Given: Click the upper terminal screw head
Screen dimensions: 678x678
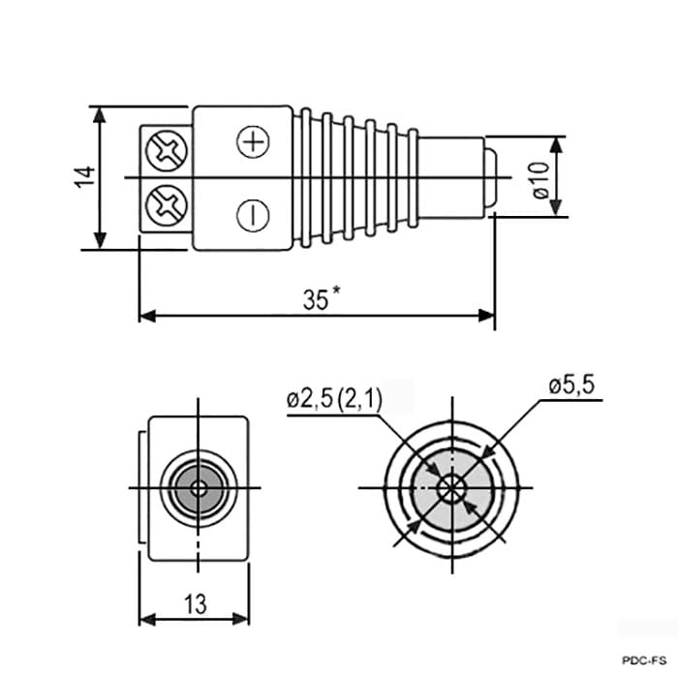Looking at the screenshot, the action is (x=167, y=151).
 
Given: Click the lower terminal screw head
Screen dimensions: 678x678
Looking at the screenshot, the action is (x=167, y=205).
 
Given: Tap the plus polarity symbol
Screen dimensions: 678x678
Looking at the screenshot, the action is (x=254, y=141).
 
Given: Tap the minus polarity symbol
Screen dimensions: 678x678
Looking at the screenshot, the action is (x=254, y=215).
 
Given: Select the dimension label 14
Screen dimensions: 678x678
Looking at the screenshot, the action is (x=85, y=176).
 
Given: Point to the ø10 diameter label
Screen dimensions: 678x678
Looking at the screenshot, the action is (x=540, y=180).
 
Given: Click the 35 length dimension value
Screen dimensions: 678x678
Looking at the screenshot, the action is (x=316, y=299).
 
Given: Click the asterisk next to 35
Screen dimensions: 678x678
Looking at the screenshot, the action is (x=335, y=291).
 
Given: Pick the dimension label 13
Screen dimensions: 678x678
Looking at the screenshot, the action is (x=196, y=604).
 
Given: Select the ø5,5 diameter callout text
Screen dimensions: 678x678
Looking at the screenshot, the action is (x=571, y=385).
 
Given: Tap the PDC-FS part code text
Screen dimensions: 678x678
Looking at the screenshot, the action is (x=645, y=661).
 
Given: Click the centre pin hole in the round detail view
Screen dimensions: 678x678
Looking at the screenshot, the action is (x=451, y=488).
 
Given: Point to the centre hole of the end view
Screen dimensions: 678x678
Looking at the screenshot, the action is (x=199, y=489).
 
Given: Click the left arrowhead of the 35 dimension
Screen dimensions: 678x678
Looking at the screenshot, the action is (x=147, y=316).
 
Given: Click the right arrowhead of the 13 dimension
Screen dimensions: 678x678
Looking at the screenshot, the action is (x=241, y=619).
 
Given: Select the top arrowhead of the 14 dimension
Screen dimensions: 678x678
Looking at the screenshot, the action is (x=100, y=116).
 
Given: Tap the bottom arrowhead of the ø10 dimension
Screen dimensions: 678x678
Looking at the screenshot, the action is (x=557, y=207).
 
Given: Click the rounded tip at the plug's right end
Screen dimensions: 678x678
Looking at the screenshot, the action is (x=491, y=177).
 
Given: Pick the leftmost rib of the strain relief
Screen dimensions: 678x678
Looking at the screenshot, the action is (x=306, y=177).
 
